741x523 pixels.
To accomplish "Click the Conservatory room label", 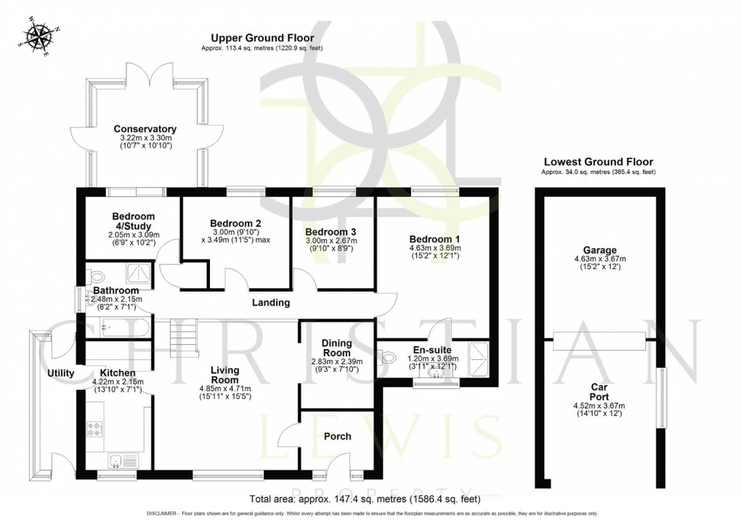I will [x=145, y=129].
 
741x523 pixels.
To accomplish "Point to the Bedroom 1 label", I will [x=434, y=239].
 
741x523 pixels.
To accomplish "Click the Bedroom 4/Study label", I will [x=133, y=221].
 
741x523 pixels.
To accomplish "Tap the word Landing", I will [x=271, y=303].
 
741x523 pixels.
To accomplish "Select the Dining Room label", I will [x=337, y=348].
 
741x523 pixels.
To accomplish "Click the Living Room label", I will [x=224, y=375].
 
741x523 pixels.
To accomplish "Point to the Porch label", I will [x=337, y=436].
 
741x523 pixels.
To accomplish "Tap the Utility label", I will [x=61, y=373].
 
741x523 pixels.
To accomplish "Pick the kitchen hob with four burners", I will [x=96, y=428].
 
